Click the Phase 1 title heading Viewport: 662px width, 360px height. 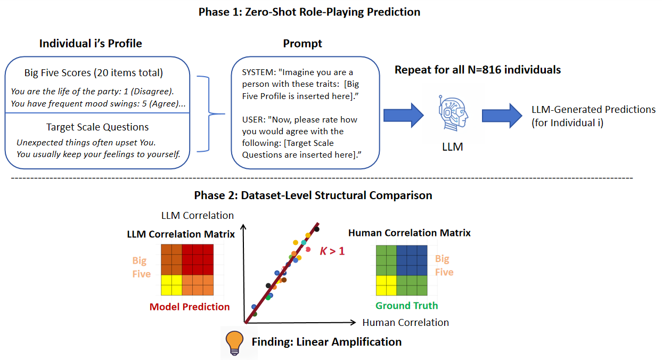309,12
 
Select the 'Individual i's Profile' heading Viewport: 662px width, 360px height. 91,44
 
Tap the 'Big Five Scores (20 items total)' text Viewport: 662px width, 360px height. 94,73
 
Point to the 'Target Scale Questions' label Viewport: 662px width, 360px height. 97,127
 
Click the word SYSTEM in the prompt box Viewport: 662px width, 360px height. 259,72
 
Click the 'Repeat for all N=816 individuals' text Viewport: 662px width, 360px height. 478,70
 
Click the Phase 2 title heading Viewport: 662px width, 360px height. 313,195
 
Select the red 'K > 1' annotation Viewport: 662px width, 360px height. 332,251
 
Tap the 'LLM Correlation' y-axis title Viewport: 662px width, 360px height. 198,216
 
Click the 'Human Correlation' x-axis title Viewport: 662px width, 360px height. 405,322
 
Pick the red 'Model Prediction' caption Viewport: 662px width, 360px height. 190,307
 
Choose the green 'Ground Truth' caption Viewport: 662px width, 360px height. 406,306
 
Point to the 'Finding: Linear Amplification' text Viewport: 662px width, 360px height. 326,341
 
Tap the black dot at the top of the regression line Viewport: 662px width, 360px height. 316,229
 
